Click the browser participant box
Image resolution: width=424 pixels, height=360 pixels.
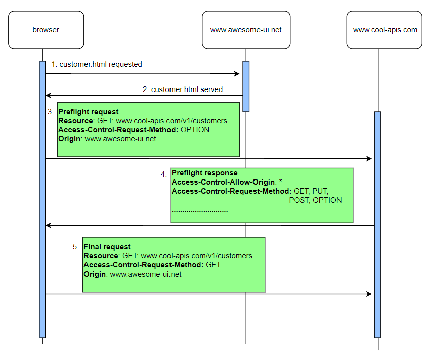pyautogui.click(x=46, y=30)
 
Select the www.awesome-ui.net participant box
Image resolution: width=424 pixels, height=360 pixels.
pyautogui.click(x=245, y=30)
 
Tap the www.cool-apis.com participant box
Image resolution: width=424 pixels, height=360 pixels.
pyautogui.click(x=385, y=30)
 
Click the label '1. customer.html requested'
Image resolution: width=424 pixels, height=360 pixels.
pyautogui.click(x=97, y=64)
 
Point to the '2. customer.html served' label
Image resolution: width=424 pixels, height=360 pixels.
pyautogui.click(x=183, y=89)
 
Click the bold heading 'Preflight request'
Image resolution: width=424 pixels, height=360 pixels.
pyautogui.click(x=89, y=112)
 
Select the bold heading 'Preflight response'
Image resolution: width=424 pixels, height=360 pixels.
pyautogui.click(x=205, y=173)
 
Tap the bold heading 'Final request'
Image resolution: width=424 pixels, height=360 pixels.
pyautogui.click(x=107, y=247)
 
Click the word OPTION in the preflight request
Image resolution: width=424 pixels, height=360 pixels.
pyautogui.click(x=195, y=130)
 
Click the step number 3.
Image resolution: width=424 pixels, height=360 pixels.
pyautogui.click(x=51, y=112)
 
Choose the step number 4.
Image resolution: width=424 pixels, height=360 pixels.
pyautogui.click(x=164, y=174)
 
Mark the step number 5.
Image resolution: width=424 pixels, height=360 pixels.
pyautogui.click(x=76, y=247)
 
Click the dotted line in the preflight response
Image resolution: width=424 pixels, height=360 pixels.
pyautogui.click(x=200, y=210)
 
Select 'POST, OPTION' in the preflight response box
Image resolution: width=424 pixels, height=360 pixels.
pyautogui.click(x=315, y=200)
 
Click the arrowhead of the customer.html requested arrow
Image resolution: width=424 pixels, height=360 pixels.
pyautogui.click(x=237, y=74)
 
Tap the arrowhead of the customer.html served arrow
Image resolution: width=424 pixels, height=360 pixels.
pyautogui.click(x=48, y=95)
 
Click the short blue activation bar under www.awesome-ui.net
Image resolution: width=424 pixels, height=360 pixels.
pyautogui.click(x=246, y=86)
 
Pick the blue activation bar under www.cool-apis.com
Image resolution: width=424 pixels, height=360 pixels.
pyautogui.click(x=377, y=224)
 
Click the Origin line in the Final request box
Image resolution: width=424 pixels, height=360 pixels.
pyautogui.click(x=132, y=274)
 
